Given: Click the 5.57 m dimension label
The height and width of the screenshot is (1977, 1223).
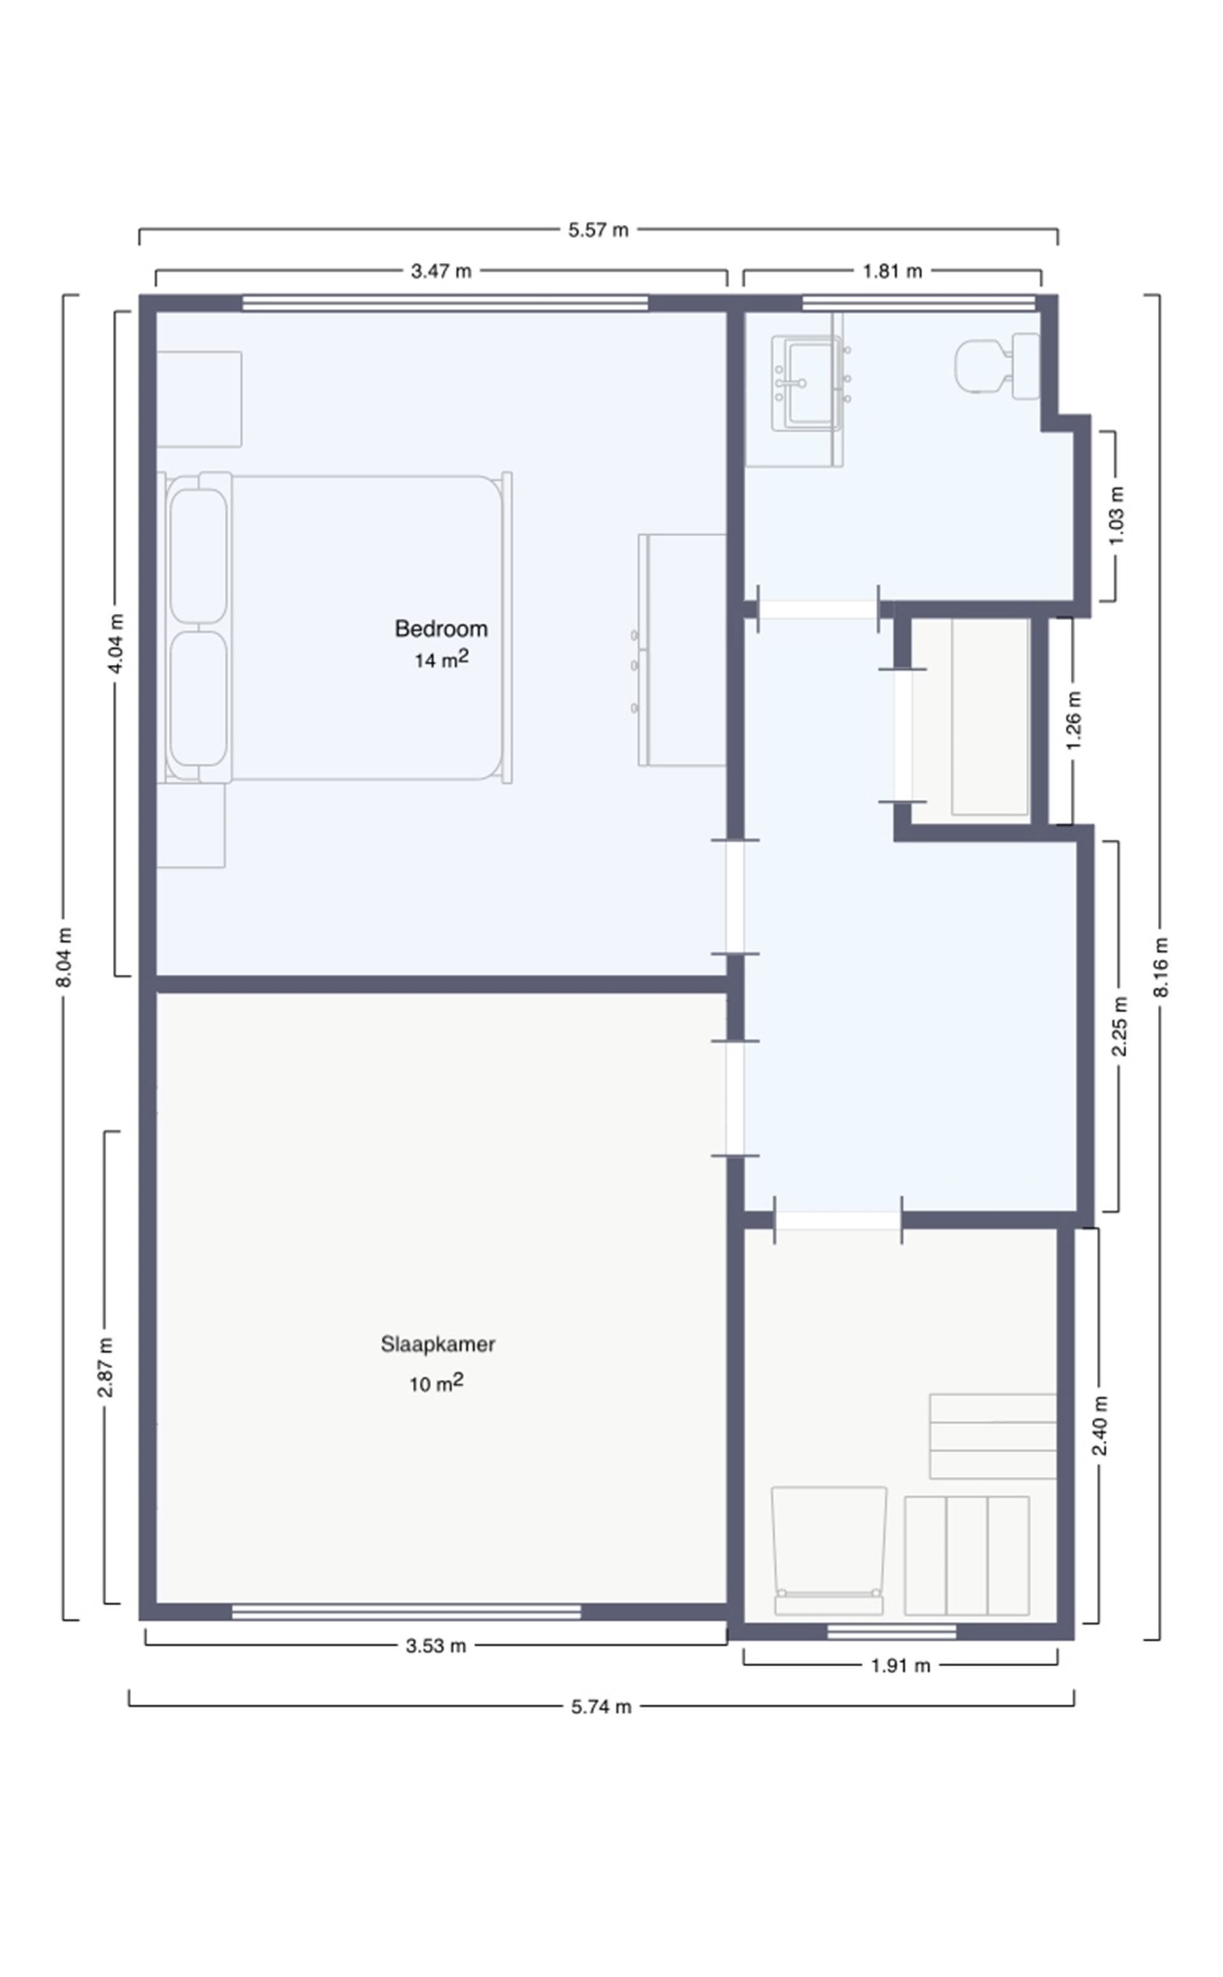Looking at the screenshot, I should (x=597, y=230).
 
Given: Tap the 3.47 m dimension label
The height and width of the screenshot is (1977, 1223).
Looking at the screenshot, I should (x=441, y=271).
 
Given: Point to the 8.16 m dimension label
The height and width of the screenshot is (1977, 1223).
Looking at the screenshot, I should (x=1161, y=967).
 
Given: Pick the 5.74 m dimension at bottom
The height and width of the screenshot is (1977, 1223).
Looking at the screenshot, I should (x=600, y=1707).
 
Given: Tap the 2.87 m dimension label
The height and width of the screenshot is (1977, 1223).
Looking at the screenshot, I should (x=105, y=1366).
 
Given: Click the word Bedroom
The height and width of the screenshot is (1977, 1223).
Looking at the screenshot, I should (x=441, y=628).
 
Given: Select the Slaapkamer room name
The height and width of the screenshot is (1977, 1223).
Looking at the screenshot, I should (x=438, y=1344).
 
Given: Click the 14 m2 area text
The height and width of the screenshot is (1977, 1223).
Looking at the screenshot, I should (x=441, y=660).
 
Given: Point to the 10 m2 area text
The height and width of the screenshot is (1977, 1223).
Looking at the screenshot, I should (x=436, y=1384).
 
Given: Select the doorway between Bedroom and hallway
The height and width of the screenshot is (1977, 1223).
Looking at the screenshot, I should (x=734, y=896).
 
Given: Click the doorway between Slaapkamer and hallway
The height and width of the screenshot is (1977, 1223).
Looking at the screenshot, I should (x=734, y=1098).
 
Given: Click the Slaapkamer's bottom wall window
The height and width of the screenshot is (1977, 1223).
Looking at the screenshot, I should (x=406, y=1612).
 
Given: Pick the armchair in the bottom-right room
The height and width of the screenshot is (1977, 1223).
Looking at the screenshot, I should (x=828, y=1548).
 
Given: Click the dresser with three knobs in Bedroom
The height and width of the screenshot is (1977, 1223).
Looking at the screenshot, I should (x=681, y=649).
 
